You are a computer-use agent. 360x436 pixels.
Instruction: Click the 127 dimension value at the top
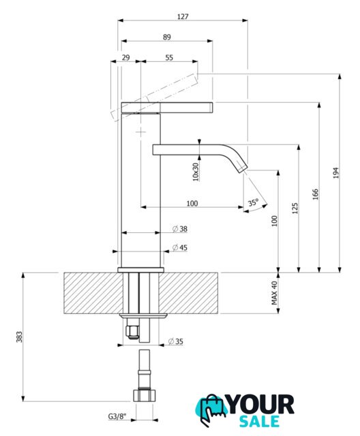[183, 16]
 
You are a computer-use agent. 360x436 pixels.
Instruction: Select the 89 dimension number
[167, 37]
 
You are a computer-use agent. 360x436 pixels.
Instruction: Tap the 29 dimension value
[125, 57]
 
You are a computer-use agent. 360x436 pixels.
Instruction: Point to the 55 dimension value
[169, 57]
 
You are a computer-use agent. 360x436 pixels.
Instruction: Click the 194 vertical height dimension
[336, 172]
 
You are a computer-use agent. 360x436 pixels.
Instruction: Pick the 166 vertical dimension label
[316, 195]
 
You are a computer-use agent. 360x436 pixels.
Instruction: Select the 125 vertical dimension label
[295, 208]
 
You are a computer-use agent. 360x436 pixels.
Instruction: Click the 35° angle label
[254, 202]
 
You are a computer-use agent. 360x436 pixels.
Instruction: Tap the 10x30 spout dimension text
[196, 172]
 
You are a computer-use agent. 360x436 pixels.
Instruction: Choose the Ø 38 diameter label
[180, 229]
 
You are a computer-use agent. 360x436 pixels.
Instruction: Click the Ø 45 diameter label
[180, 247]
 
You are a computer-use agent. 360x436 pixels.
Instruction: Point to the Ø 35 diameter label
[176, 341]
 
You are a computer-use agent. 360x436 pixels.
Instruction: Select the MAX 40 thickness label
[275, 293]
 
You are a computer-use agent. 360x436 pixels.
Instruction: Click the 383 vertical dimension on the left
[19, 337]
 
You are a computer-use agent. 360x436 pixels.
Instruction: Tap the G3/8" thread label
[117, 416]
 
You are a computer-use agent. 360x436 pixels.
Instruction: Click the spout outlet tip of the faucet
[243, 168]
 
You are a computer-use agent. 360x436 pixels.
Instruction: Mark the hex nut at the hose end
[144, 395]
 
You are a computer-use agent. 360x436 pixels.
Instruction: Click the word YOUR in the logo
[260, 405]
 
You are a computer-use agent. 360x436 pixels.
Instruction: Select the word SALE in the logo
[260, 422]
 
